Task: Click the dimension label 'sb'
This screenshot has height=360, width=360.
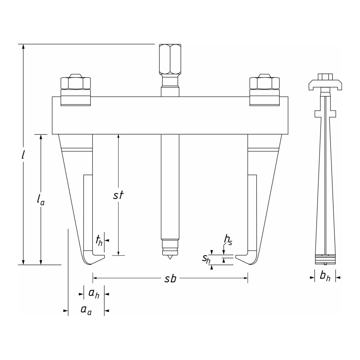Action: [x=171, y=279]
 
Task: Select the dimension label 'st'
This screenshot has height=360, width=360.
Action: [x=118, y=195]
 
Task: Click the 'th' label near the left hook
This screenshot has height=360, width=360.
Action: [x=99, y=241]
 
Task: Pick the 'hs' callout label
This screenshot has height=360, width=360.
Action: [x=228, y=240]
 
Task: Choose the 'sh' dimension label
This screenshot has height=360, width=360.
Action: [x=206, y=259]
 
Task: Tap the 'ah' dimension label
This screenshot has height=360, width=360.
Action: [x=94, y=294]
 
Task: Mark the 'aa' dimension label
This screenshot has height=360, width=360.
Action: [x=86, y=310]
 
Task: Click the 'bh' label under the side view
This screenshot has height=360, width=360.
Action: [x=325, y=276]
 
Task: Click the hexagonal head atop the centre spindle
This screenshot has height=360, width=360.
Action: [x=170, y=59]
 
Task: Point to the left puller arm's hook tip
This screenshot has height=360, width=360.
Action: [x=104, y=257]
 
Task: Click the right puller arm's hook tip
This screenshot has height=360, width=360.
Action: [x=236, y=257]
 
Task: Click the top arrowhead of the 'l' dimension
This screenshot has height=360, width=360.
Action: [x=23, y=46]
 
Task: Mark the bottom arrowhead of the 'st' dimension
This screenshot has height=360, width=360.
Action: [x=118, y=253]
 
